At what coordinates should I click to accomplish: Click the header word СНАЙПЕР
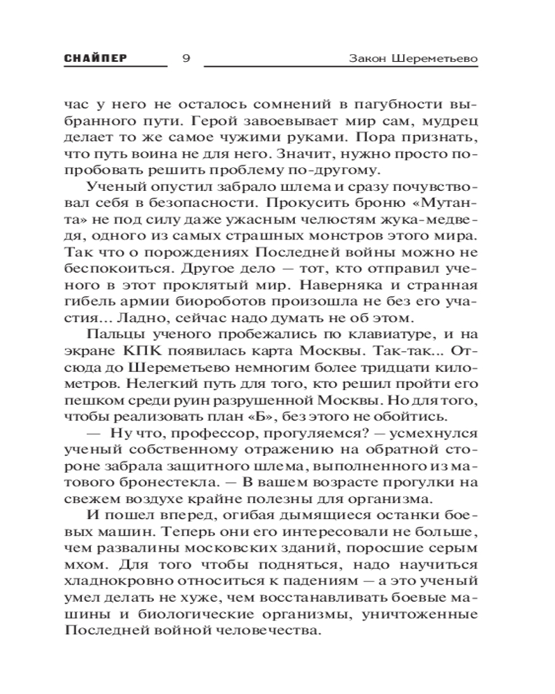click(x=95, y=58)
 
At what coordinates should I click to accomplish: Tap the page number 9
click(x=185, y=58)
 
